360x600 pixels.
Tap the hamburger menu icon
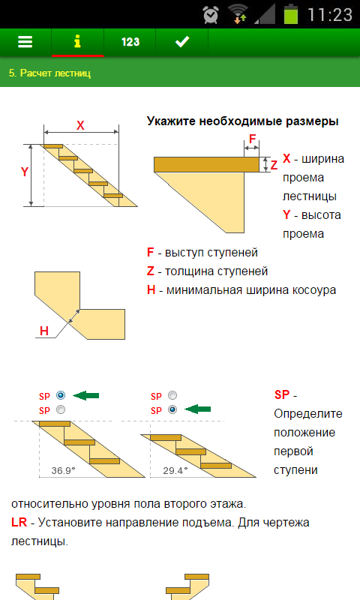(x=25, y=41)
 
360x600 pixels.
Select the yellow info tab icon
(x=77, y=41)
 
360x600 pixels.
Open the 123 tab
(x=130, y=42)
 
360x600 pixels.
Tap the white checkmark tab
(x=182, y=41)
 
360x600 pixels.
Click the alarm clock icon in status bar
(x=211, y=15)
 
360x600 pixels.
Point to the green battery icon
(x=291, y=14)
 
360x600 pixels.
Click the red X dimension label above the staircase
(x=80, y=125)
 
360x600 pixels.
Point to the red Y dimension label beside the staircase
(x=25, y=172)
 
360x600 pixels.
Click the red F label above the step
(x=252, y=139)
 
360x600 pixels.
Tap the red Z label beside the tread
(x=274, y=165)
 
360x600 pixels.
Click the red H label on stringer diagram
(x=44, y=331)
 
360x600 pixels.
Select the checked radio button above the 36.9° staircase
(x=61, y=395)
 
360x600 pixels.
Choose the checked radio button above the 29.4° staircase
(x=172, y=409)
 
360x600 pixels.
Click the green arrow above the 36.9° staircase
(x=85, y=395)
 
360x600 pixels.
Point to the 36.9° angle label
(x=64, y=470)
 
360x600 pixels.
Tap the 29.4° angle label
(x=175, y=470)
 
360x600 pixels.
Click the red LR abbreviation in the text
(x=19, y=522)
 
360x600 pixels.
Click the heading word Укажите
(x=172, y=121)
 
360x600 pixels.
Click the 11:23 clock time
(x=330, y=15)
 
